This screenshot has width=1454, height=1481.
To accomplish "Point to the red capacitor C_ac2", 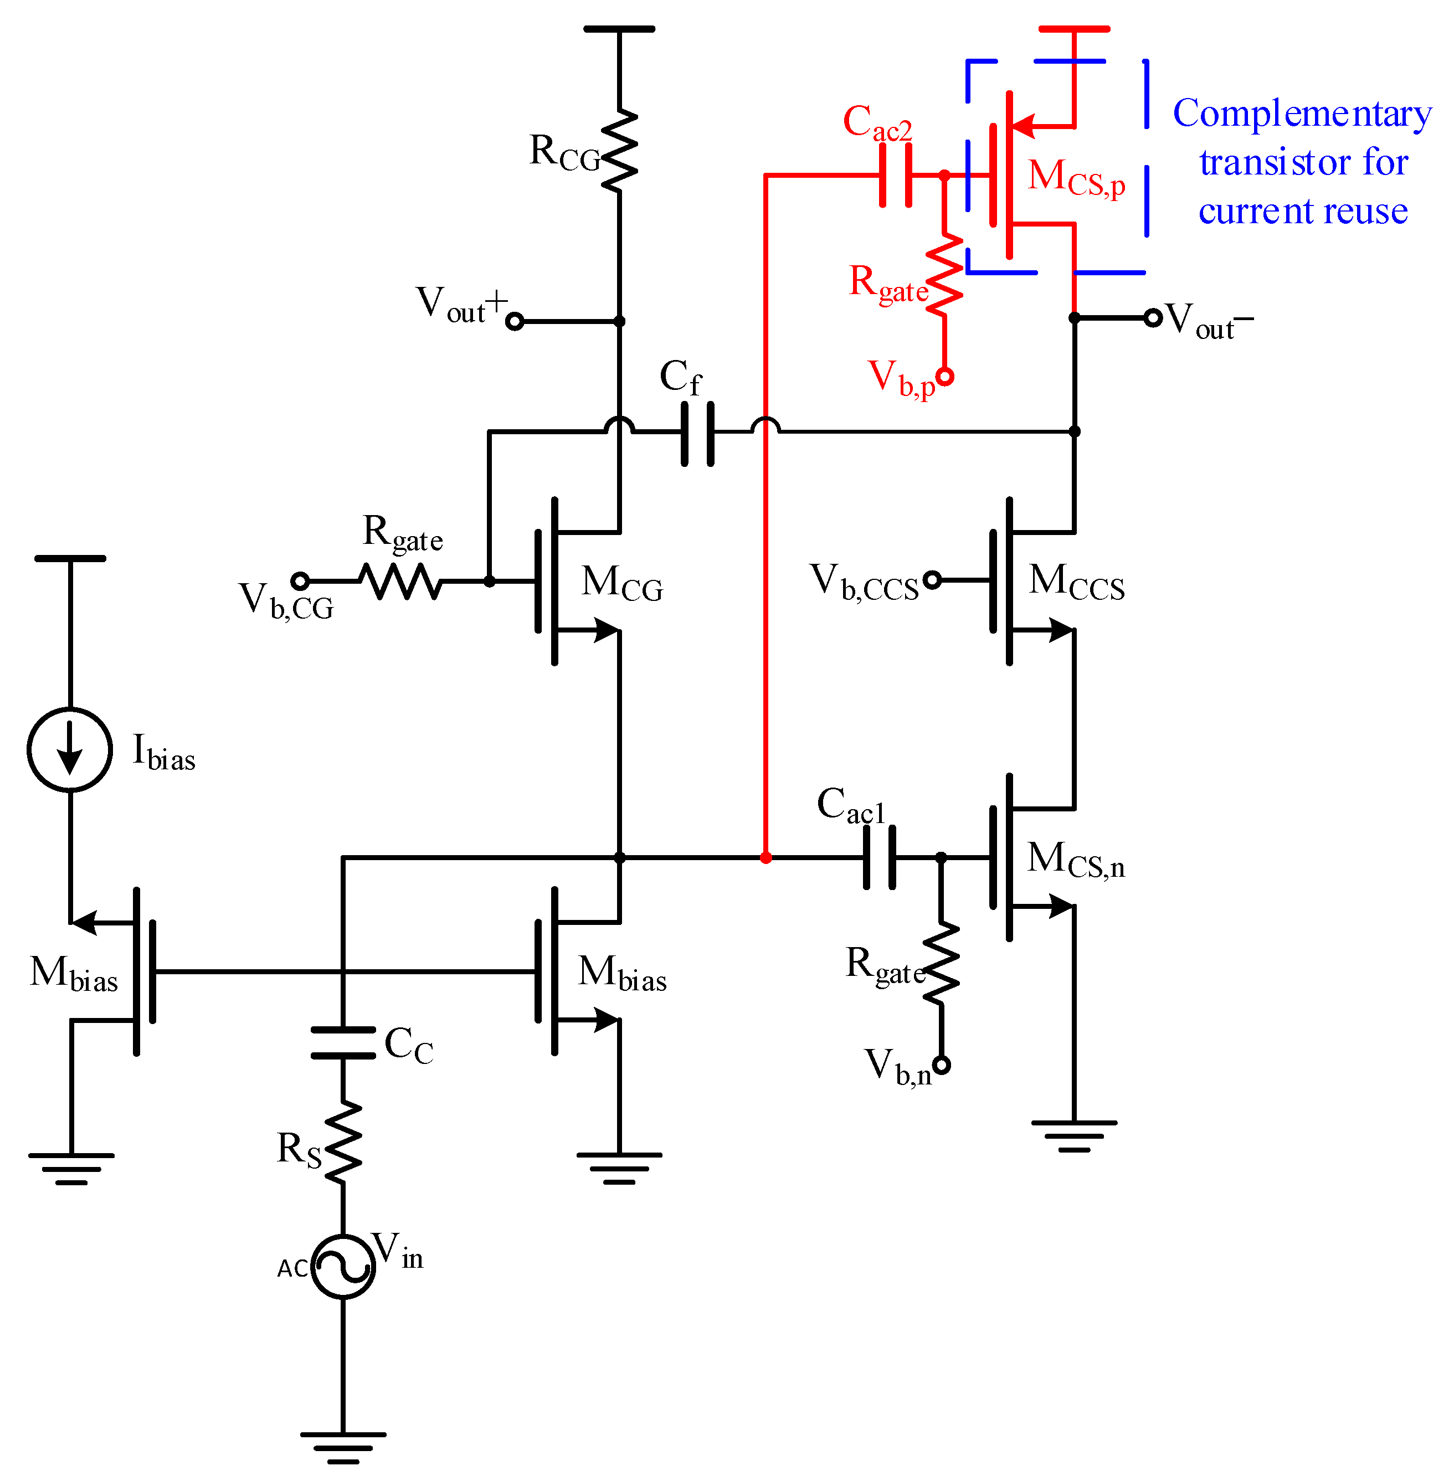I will pyautogui.click(x=896, y=176).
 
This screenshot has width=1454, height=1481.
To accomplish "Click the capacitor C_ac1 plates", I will pyautogui.click(x=879, y=857).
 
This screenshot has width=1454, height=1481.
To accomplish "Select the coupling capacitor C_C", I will pyautogui.click(x=343, y=1042).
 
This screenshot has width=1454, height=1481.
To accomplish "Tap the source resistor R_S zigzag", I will pyautogui.click(x=343, y=1143).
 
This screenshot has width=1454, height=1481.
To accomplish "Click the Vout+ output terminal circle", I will pyautogui.click(x=516, y=321).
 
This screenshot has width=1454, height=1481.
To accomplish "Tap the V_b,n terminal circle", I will pyautogui.click(x=942, y=1064).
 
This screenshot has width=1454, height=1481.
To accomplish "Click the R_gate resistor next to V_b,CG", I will pyautogui.click(x=401, y=581).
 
